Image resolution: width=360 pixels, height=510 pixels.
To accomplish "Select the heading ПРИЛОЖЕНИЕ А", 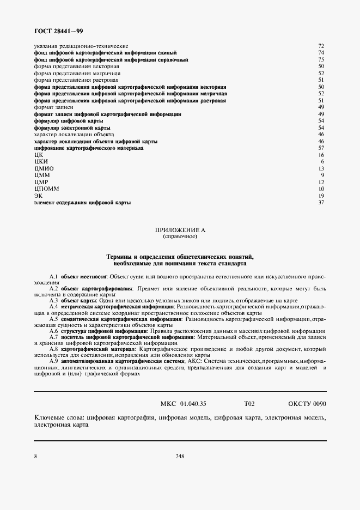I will [180, 231].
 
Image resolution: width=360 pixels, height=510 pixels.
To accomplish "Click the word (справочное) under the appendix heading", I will [180, 237].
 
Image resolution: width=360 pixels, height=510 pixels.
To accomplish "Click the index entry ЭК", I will [38, 196].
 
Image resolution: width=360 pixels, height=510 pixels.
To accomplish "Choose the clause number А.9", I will [53, 361].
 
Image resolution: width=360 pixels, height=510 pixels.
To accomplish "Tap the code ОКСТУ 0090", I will [307, 404].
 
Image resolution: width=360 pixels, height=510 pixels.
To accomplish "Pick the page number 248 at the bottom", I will [180, 457].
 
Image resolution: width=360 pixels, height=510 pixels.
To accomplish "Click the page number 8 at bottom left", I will [35, 457].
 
